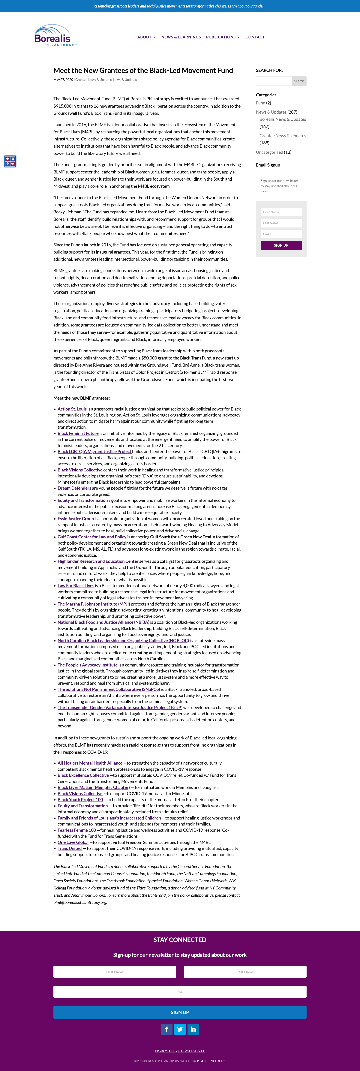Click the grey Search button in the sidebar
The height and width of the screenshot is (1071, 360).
299,81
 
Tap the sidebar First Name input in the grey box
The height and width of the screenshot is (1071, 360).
281,212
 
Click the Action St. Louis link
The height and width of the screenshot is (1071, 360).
72,409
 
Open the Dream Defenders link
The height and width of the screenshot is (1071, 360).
74,488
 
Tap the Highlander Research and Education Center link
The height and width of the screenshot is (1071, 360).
98,561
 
